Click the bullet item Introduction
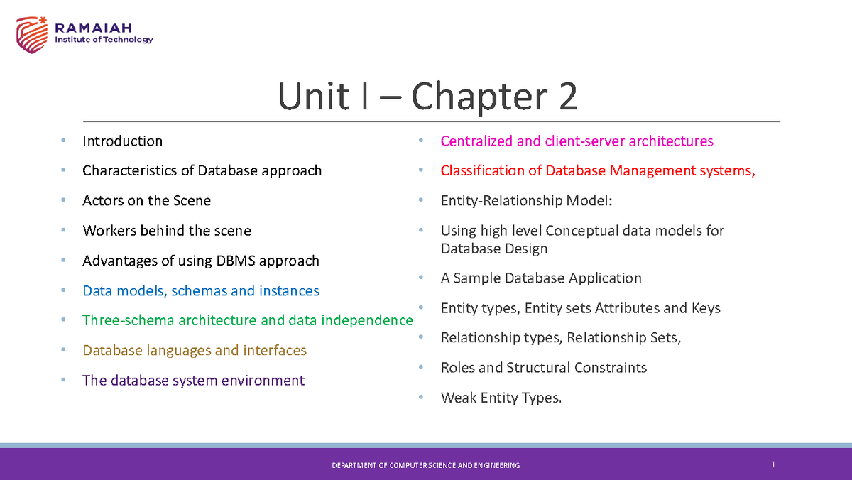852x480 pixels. coord(122,141)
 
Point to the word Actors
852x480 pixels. coord(103,201)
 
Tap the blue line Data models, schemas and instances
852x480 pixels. coord(200,291)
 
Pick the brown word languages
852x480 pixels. coord(177,351)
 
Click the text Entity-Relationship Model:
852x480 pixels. coord(526,201)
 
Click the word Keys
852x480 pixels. coord(705,308)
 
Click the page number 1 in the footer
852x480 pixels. coord(772,465)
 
